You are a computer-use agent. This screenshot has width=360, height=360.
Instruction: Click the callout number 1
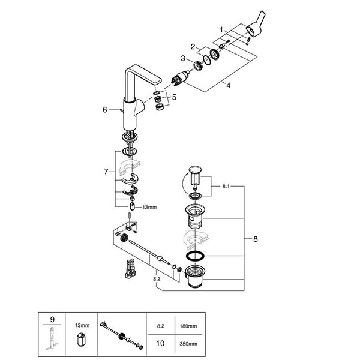tap(221, 29)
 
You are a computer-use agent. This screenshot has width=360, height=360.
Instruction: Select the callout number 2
tap(194, 46)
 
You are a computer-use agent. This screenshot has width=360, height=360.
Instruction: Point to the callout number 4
tap(229, 85)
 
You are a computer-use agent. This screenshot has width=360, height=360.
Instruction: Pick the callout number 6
tap(104, 110)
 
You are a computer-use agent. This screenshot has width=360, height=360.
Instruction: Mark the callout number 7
tap(107, 172)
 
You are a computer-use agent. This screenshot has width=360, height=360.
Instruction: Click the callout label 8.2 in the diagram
tap(157, 279)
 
